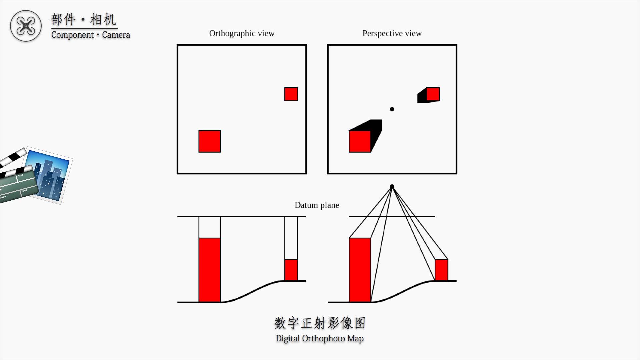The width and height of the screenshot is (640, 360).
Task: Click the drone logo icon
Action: pyautogui.click(x=26, y=26)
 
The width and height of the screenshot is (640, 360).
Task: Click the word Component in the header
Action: pyautogui.click(x=72, y=35)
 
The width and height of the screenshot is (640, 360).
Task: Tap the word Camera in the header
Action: pyautogui.click(x=116, y=35)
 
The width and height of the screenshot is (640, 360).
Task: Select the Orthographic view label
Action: pyautogui.click(x=242, y=34)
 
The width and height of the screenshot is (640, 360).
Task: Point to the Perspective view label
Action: pyautogui.click(x=392, y=34)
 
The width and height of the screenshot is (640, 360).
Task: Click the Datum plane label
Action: pyautogui.click(x=317, y=205)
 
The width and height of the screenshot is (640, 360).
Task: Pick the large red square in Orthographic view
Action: pyautogui.click(x=210, y=141)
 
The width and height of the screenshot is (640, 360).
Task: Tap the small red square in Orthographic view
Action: pyautogui.click(x=291, y=94)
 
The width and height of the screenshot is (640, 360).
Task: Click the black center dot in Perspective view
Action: pyautogui.click(x=392, y=109)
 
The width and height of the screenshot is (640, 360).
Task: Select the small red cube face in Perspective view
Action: pyautogui.click(x=433, y=94)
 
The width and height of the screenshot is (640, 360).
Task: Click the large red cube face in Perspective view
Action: pyautogui.click(x=360, y=141)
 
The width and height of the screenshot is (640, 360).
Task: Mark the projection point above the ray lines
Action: pyautogui.click(x=392, y=187)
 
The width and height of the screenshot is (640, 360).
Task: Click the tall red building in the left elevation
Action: pyautogui.click(x=210, y=270)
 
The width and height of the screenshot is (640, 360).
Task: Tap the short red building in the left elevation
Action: pyautogui.click(x=291, y=270)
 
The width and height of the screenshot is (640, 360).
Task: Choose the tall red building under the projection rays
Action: pyautogui.click(x=360, y=270)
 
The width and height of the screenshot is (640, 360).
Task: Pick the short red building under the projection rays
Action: pyautogui.click(x=441, y=270)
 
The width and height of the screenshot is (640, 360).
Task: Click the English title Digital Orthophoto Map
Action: pyautogui.click(x=320, y=339)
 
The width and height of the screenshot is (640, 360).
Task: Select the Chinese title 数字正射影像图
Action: pyautogui.click(x=320, y=323)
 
